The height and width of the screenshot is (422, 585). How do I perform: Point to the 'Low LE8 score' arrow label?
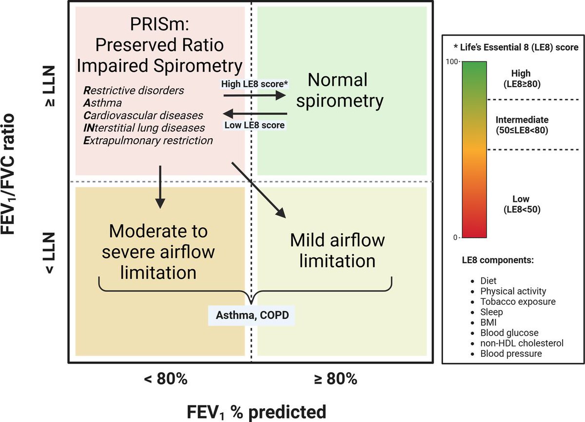pyautogui.click(x=254, y=125)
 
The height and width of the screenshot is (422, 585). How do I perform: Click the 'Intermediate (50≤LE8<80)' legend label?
pyautogui.click(x=522, y=125)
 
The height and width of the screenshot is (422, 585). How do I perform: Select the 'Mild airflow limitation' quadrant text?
pyautogui.click(x=337, y=250)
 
